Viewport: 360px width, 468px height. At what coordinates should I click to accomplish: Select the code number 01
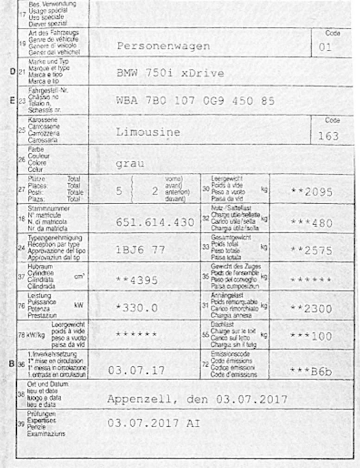(x=325, y=47)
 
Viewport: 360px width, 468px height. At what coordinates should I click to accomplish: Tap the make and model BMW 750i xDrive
(x=170, y=73)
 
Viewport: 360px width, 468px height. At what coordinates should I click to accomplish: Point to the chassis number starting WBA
(x=195, y=101)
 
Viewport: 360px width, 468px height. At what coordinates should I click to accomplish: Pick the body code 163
(x=328, y=136)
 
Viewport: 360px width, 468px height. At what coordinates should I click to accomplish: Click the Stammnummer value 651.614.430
(x=155, y=222)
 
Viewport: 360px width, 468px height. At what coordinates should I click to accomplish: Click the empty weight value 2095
(x=315, y=192)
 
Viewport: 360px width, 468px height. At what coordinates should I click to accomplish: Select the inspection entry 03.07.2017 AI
(x=154, y=423)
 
